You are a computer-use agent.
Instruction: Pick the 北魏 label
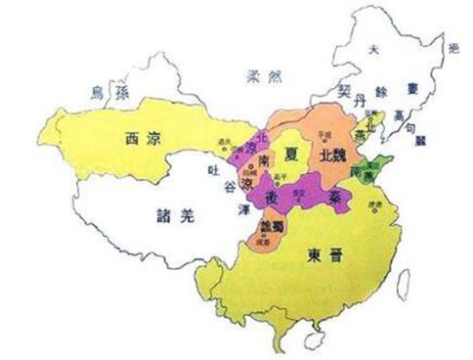point(328,156)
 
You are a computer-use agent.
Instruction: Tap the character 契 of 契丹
point(344,89)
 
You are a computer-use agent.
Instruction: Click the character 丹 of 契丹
point(359,101)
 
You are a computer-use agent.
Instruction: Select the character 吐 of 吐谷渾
point(224,170)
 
